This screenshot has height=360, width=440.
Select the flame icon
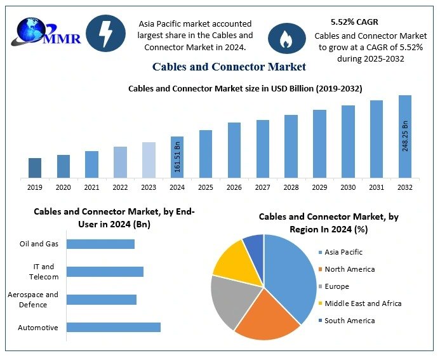point(283,38)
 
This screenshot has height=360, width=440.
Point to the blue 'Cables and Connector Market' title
point(229,67)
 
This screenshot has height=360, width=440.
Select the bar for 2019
point(35,168)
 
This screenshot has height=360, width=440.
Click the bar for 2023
point(149,160)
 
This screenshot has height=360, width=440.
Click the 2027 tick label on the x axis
point(262,187)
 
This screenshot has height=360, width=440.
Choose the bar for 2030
point(348,142)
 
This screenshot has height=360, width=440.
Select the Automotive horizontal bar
point(113,327)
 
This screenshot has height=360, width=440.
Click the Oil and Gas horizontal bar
point(100,244)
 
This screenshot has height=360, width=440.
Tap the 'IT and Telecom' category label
point(44,272)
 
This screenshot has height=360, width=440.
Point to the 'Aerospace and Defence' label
point(33,300)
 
